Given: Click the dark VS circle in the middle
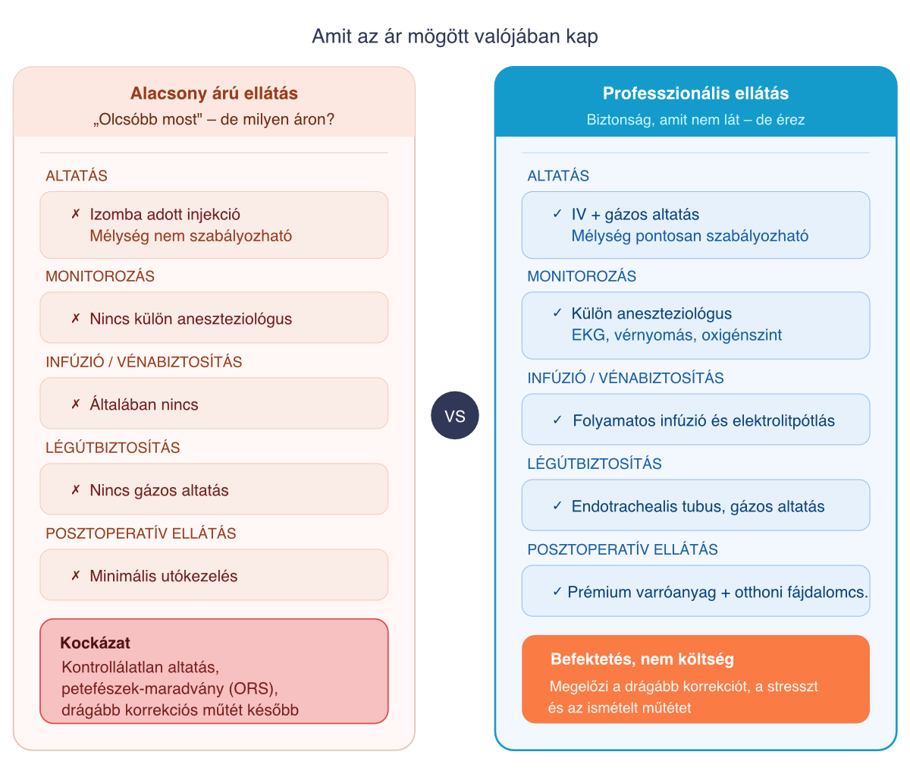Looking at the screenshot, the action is pyautogui.click(x=454, y=415).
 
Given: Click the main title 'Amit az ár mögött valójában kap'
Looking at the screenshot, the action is pyautogui.click(x=455, y=36).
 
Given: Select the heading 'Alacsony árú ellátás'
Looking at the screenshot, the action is pyautogui.click(x=214, y=93).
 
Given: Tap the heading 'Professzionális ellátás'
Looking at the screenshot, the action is pyautogui.click(x=695, y=93).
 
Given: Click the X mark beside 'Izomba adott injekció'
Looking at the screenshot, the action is pyautogui.click(x=76, y=214).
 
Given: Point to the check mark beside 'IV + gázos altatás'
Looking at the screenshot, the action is pyautogui.click(x=557, y=214).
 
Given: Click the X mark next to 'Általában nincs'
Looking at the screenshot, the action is pyautogui.click(x=76, y=404).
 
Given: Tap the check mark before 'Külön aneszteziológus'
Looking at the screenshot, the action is pyautogui.click(x=557, y=313).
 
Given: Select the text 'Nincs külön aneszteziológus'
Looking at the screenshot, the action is pyautogui.click(x=190, y=319).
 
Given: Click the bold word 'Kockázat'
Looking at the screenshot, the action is pyautogui.click(x=95, y=643).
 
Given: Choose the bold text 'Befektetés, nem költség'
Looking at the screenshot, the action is pyautogui.click(x=642, y=659).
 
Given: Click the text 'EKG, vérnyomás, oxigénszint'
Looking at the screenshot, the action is pyautogui.click(x=676, y=335).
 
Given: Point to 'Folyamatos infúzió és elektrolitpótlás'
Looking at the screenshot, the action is pyautogui.click(x=704, y=420).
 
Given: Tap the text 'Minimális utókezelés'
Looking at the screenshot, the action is pyautogui.click(x=163, y=576).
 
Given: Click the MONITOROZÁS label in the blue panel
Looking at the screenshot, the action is pyautogui.click(x=582, y=276).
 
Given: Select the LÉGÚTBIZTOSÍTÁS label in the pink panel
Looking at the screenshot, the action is pyautogui.click(x=113, y=448).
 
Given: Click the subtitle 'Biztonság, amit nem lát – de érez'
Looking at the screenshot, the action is pyautogui.click(x=695, y=120).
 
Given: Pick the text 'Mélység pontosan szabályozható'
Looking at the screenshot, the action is pyautogui.click(x=690, y=236).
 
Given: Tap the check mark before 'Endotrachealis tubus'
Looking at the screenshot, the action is pyautogui.click(x=557, y=505).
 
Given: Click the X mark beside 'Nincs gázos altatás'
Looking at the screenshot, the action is pyautogui.click(x=76, y=490).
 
